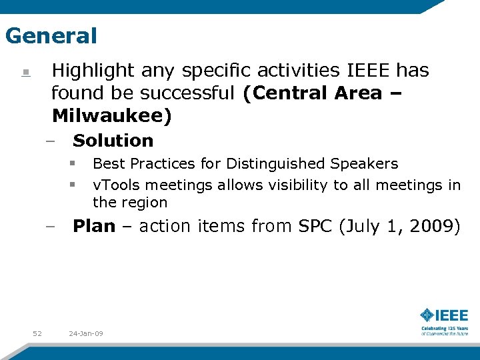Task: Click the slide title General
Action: [51, 35]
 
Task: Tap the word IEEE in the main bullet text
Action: [370, 71]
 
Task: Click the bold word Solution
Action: [113, 141]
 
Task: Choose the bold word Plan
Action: [94, 226]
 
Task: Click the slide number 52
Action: [37, 333]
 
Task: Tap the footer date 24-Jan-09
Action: [86, 333]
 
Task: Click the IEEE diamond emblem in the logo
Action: [427, 315]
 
